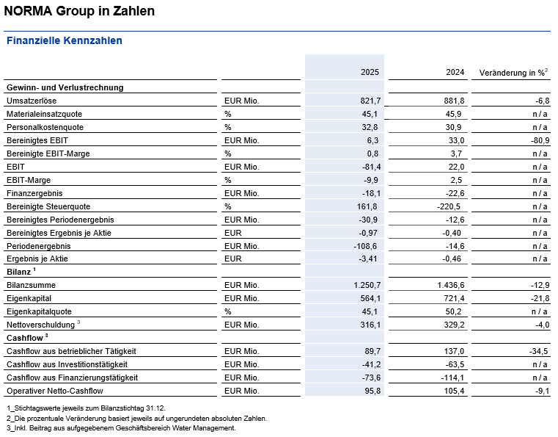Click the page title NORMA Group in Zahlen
79,12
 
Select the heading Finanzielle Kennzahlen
64,40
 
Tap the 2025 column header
370,73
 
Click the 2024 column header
455,73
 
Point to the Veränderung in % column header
513,73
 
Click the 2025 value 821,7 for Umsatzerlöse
367,101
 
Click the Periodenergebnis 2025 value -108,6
364,246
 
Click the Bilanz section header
19,272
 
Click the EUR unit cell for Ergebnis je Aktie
232,259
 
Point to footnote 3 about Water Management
121,428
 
